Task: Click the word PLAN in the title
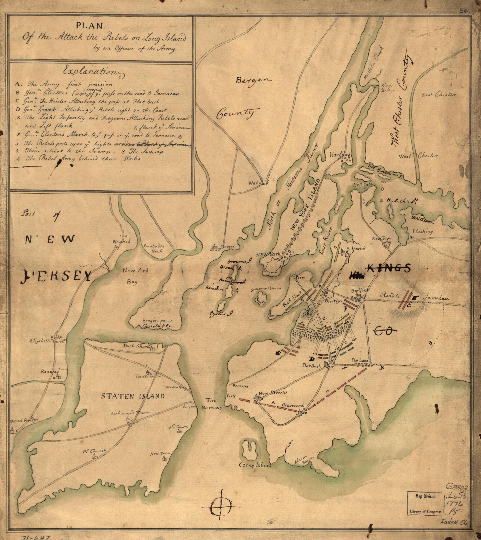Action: coord(89,25)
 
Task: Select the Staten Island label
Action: coord(133,396)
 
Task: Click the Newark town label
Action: coord(122,241)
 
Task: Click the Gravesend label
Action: coord(292,405)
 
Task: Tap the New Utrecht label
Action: coord(272,393)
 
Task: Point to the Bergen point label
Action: coord(157,321)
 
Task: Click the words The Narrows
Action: coord(211,404)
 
